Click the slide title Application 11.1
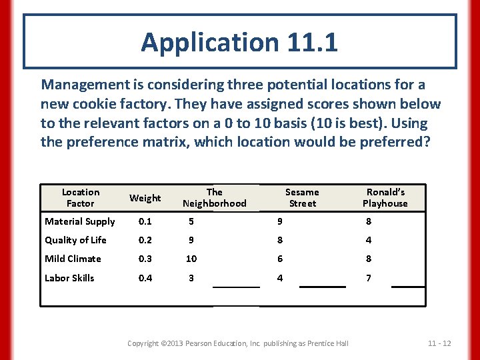[x=239, y=43]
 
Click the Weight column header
[x=145, y=198]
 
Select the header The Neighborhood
[x=214, y=197]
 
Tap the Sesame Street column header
[x=302, y=197]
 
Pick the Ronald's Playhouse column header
[x=385, y=197]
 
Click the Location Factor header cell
[x=80, y=197]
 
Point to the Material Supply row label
[x=79, y=222]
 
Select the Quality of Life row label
[x=75, y=240]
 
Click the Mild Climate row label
[x=73, y=259]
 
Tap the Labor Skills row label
[x=69, y=278]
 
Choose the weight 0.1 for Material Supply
[x=145, y=222]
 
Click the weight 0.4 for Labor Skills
[x=145, y=278]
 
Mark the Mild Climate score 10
[x=191, y=259]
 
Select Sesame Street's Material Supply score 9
[x=281, y=222]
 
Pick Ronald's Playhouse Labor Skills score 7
[x=369, y=278]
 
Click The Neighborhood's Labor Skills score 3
[x=191, y=278]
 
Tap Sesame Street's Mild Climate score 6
[x=281, y=259]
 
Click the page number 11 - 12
[x=439, y=343]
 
